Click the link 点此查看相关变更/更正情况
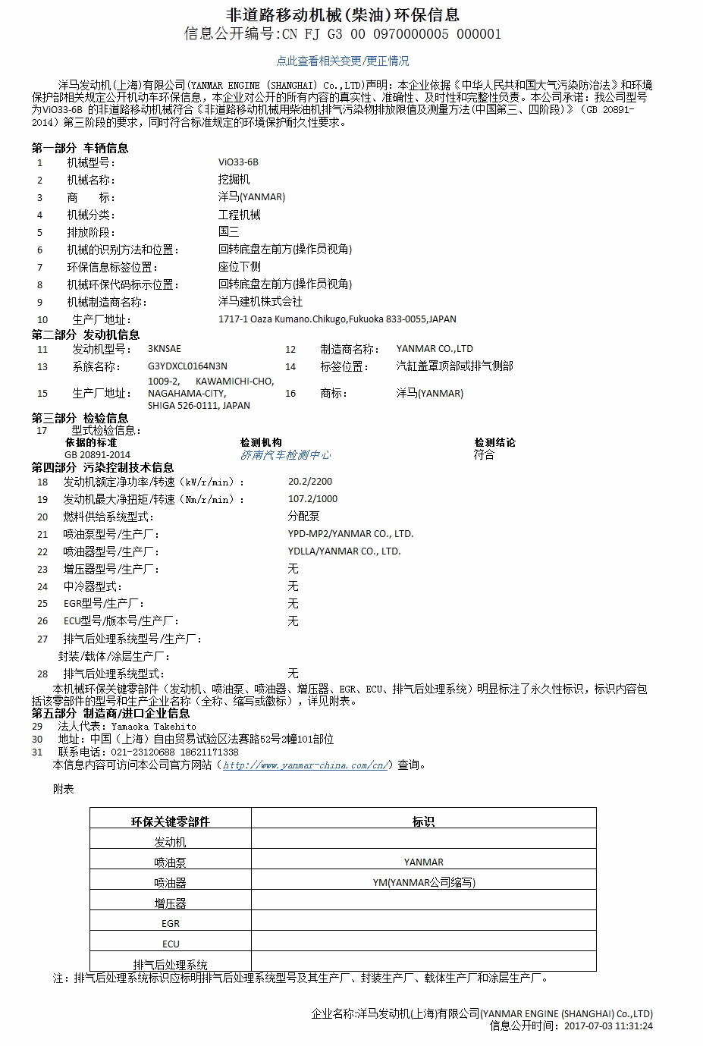point(342,61)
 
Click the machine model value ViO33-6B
point(238,162)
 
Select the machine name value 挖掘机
point(234,180)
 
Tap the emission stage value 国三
point(228,232)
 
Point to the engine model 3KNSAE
point(165,349)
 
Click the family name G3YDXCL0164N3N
point(187,366)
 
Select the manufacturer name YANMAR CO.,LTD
point(435,349)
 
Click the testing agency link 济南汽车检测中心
point(286,455)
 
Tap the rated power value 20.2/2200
point(310,482)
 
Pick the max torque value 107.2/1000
point(313,499)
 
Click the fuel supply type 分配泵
point(303,517)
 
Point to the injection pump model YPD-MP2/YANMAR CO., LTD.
point(350,534)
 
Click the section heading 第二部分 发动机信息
point(86,335)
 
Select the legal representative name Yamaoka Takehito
point(153,727)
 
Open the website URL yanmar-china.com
point(305,765)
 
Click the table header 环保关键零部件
point(171,821)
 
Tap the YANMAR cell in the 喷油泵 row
point(423,862)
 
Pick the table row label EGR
point(171,924)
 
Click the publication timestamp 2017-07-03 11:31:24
point(608,1026)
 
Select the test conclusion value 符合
point(484,455)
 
